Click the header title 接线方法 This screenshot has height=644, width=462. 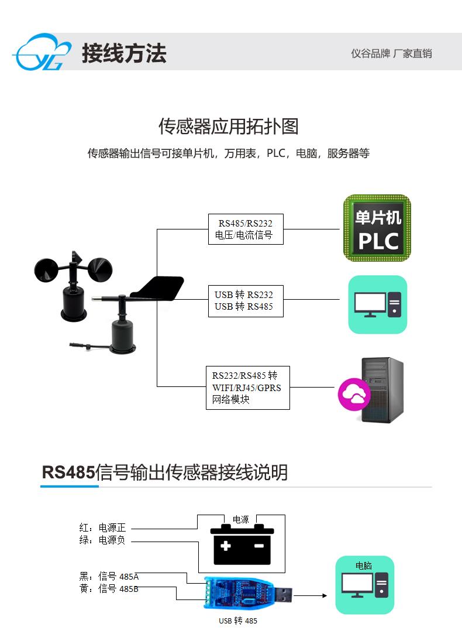click(x=125, y=53)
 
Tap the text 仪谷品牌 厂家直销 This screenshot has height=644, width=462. click(x=391, y=53)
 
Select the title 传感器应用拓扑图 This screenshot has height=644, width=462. click(x=229, y=126)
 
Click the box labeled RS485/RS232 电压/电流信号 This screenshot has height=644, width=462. click(x=246, y=229)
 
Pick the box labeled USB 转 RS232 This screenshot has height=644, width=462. click(x=246, y=301)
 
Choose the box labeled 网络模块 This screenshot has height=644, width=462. click(x=248, y=388)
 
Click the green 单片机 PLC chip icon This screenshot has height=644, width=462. click(x=377, y=228)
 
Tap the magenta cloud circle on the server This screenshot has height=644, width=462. click(x=354, y=394)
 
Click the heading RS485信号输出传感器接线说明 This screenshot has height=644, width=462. click(x=164, y=472)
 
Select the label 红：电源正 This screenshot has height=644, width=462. click(x=102, y=527)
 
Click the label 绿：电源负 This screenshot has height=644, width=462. click(x=102, y=540)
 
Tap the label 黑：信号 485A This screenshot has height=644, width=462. click(x=109, y=577)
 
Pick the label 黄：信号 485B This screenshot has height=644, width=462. click(x=109, y=589)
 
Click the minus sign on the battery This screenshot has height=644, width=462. click(x=259, y=546)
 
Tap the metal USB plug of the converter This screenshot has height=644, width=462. click(x=283, y=594)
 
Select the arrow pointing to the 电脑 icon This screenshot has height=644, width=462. click(x=311, y=595)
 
